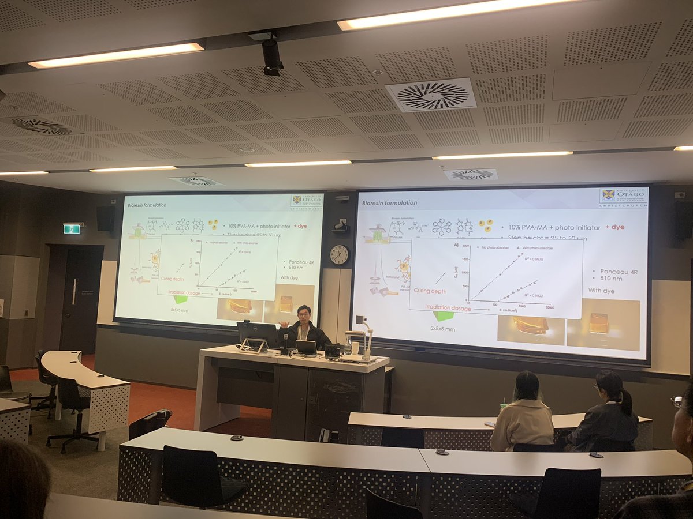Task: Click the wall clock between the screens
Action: tap(340, 254)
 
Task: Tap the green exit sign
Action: tap(72, 229)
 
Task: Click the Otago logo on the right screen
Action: tap(624, 198)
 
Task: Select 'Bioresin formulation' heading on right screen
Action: tap(389, 203)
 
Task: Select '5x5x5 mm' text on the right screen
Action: tap(444, 329)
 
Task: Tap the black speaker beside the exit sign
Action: tap(105, 219)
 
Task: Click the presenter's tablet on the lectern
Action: tap(306, 347)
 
